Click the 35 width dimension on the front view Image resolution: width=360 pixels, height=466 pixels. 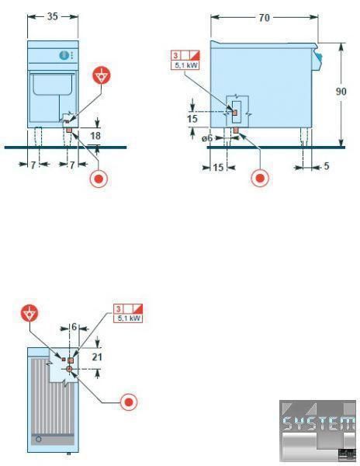click(53, 16)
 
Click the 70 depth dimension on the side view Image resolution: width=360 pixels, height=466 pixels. click(264, 18)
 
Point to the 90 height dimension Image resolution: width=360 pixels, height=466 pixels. click(341, 91)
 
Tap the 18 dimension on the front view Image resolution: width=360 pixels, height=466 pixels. click(95, 135)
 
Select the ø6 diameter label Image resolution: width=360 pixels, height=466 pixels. click(207, 138)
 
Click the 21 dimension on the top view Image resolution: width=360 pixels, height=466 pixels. click(97, 356)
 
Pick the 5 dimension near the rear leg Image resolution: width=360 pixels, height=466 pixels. click(327, 166)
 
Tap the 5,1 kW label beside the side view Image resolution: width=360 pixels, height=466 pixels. click(185, 65)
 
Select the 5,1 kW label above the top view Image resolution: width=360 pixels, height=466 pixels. click(129, 318)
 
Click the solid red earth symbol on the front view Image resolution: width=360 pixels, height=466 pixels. click(102, 75)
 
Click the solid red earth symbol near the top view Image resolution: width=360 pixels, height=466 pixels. click(29, 313)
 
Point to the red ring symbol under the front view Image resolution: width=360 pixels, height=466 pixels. click(99, 179)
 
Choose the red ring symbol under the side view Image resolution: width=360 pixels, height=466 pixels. click(260, 178)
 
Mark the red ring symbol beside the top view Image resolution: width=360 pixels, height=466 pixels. click(129, 402)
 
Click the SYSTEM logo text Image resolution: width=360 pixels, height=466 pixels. click(318, 423)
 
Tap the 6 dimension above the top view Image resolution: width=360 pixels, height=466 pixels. click(74, 327)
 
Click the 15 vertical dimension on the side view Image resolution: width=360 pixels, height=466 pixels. click(192, 119)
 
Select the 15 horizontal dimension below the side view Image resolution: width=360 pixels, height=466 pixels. click(218, 167)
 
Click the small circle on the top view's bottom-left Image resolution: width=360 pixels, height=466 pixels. click(39, 439)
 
